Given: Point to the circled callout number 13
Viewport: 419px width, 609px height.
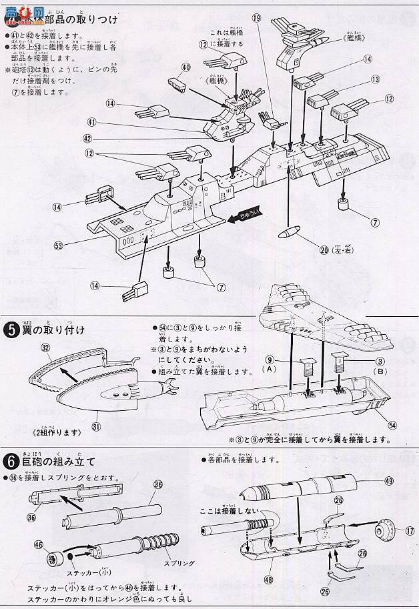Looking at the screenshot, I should (376, 79).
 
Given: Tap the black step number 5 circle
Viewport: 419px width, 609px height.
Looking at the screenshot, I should (10, 330).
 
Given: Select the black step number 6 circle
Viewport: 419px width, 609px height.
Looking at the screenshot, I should (10, 461).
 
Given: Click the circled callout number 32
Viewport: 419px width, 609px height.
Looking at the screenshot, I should (45, 348).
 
